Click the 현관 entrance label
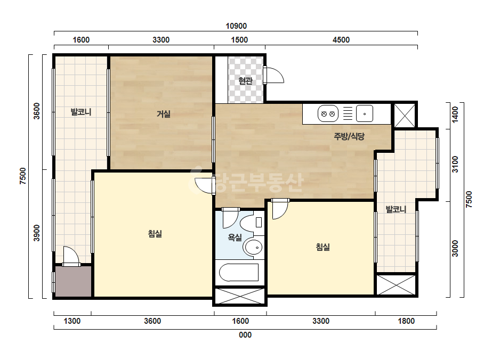tap(245, 80)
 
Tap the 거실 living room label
tap(164, 113)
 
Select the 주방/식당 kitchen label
tap(349, 136)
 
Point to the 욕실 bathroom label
tap(235, 238)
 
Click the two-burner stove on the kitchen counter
tap(328, 113)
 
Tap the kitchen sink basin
tap(365, 113)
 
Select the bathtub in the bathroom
tap(239, 273)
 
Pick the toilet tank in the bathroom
tap(259, 222)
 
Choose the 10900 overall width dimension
tap(236, 26)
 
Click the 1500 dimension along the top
tap(239, 40)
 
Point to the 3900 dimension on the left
tap(37, 233)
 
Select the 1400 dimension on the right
tap(455, 114)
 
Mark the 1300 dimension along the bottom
tap(72, 321)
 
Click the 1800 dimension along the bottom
tap(406, 321)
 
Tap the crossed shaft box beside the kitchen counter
tap(405, 116)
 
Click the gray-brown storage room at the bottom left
tap(74, 281)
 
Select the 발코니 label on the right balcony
tap(396, 209)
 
